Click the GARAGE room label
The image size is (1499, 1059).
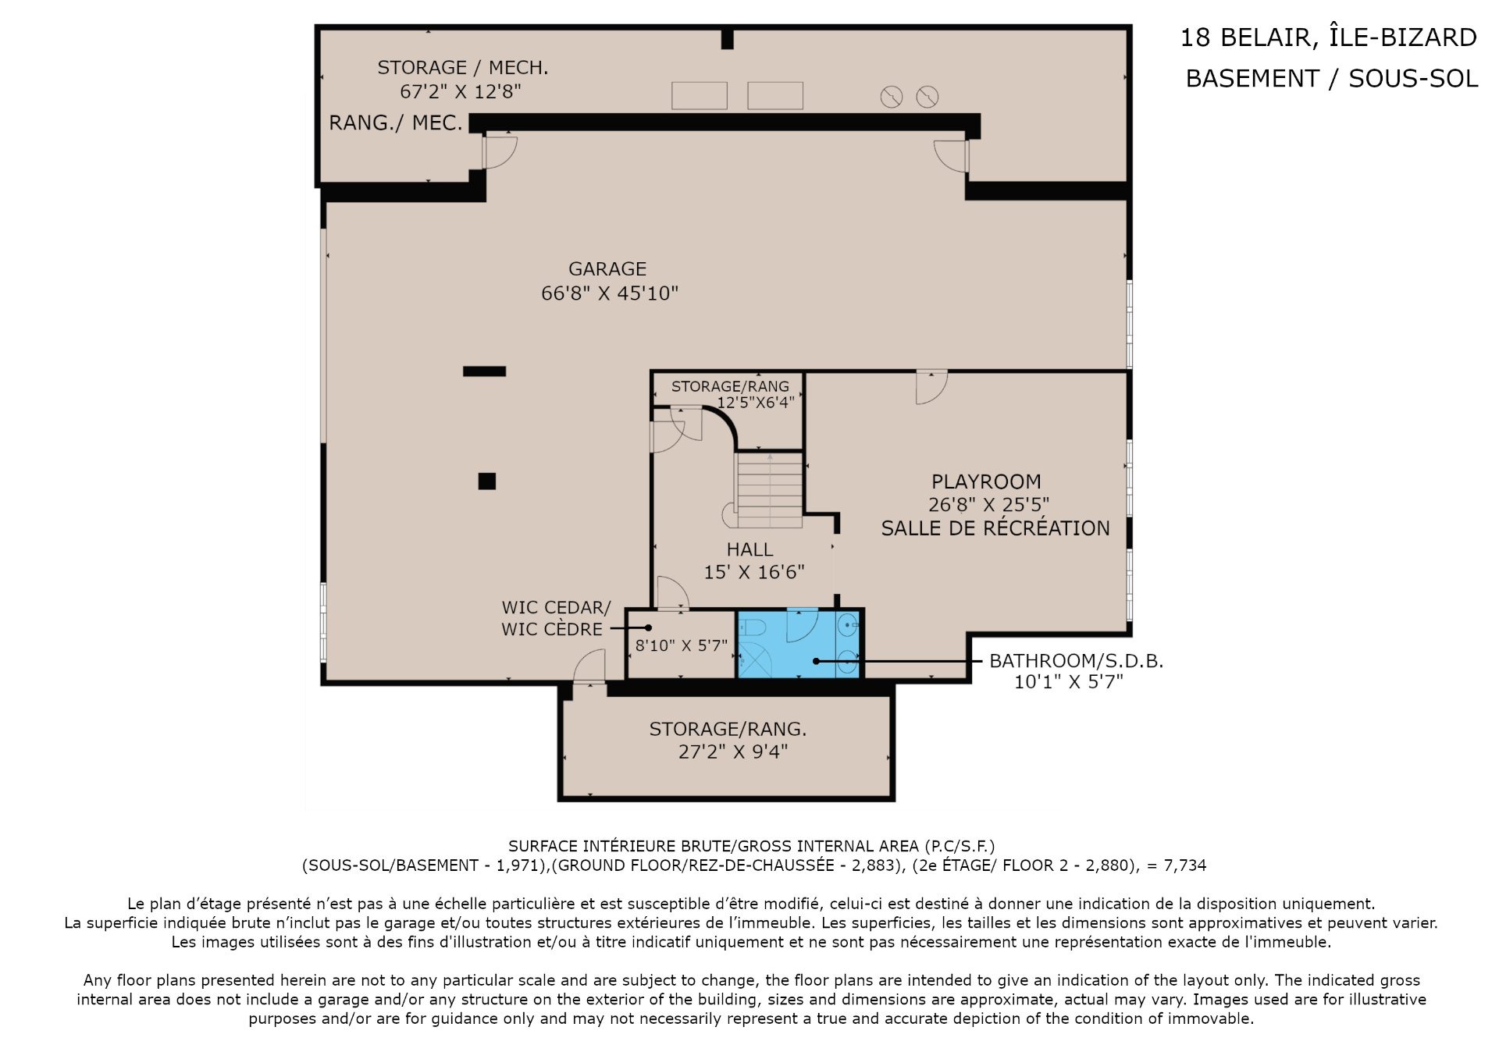(x=607, y=269)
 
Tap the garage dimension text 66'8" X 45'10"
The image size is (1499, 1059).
(x=610, y=293)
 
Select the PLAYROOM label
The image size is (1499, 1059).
(x=986, y=482)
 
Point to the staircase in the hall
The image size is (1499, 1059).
(x=769, y=490)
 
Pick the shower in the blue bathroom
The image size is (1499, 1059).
(x=755, y=660)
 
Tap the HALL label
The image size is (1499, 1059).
(x=749, y=549)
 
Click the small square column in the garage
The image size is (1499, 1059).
(x=487, y=482)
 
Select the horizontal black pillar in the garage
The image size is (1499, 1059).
(x=484, y=371)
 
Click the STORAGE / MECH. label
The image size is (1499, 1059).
(x=463, y=68)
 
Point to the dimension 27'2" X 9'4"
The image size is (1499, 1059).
(x=733, y=752)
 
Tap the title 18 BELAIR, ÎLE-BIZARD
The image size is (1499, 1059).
(x=1328, y=37)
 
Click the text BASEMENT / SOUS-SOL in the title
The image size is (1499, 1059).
(x=1332, y=78)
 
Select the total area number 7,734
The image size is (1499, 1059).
(x=1185, y=865)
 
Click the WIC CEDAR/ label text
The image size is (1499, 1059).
(x=556, y=607)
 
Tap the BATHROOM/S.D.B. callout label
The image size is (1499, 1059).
(x=1076, y=661)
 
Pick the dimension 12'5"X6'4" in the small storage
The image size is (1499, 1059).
(x=756, y=403)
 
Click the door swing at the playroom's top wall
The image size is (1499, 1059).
(x=931, y=387)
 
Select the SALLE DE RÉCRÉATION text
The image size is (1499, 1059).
(x=995, y=528)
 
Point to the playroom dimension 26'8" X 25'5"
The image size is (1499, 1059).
(x=988, y=505)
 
